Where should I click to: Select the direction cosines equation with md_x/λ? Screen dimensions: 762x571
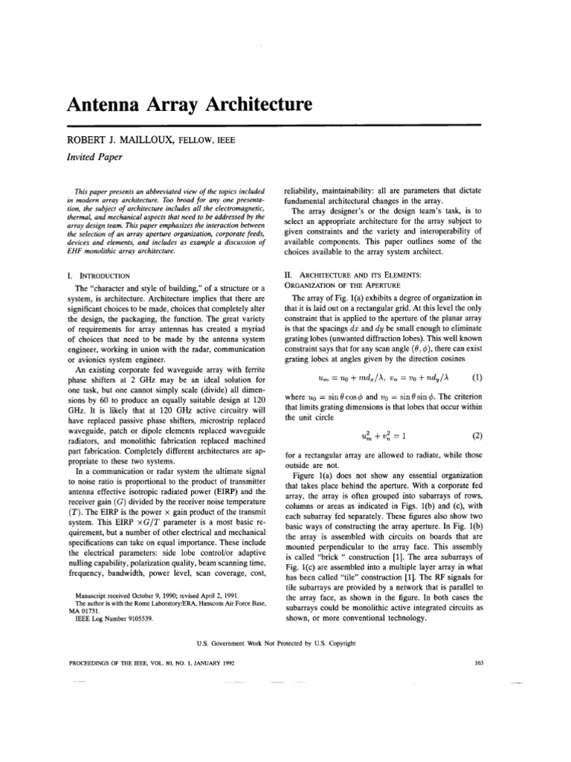(x=385, y=356)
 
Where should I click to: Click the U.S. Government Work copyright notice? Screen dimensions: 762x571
(x=285, y=642)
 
